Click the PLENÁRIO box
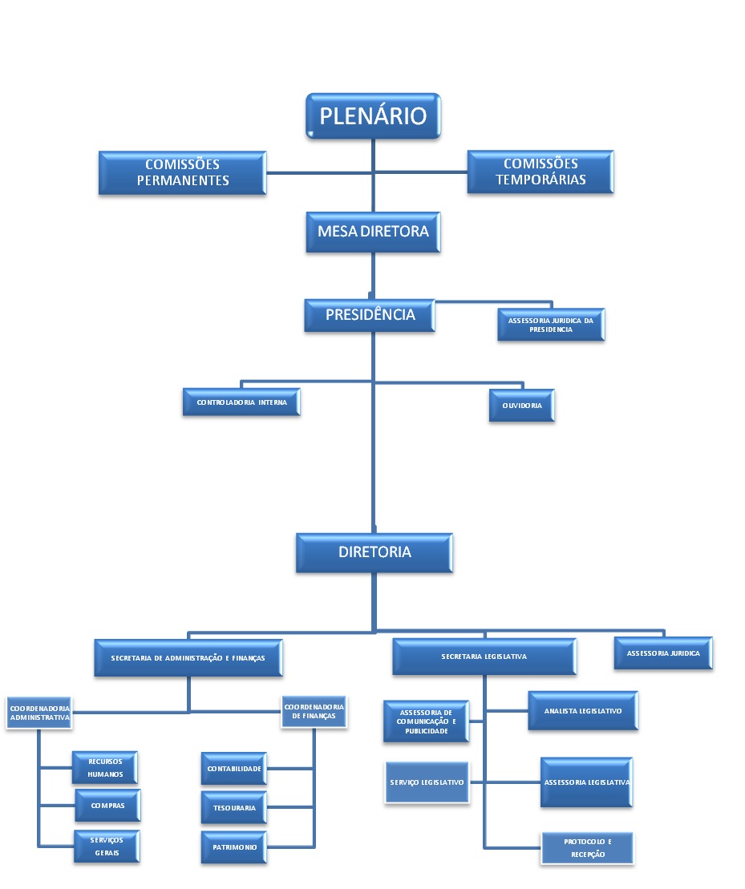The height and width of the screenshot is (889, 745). tap(373, 115)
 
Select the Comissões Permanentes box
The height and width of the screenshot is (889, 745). tap(183, 172)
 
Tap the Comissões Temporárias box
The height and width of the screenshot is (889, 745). tap(540, 172)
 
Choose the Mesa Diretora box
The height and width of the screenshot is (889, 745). tap(373, 232)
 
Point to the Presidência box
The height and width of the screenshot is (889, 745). tap(370, 315)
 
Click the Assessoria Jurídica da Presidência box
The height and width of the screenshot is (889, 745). tap(550, 325)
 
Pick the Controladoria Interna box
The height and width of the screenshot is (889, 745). tap(240, 402)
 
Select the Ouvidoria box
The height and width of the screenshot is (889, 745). tap(522, 406)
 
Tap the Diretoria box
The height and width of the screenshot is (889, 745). tap(374, 552)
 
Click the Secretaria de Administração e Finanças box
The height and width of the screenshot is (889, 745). tap(188, 657)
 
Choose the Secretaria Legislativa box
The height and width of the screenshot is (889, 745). tap(484, 657)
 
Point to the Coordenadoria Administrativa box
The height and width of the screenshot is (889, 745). tap(39, 713)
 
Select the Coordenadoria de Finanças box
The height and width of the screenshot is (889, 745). tap(314, 711)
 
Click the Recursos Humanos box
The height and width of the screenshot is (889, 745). tap(105, 768)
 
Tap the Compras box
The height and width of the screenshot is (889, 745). tap(107, 805)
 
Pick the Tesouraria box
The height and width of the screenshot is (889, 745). tap(233, 808)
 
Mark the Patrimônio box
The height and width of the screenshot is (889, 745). tap(233, 847)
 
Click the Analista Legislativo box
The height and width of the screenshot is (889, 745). tap(583, 710)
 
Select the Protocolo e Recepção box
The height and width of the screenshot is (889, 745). tap(587, 848)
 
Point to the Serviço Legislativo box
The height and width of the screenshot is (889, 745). tap(427, 782)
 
